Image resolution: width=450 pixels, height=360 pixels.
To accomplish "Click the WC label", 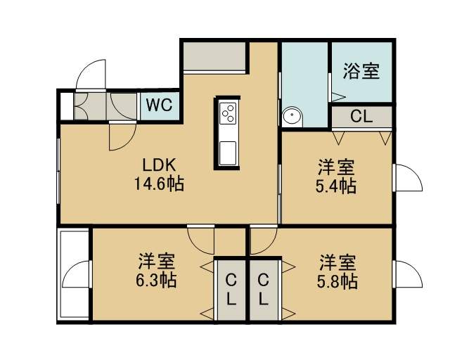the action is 160,105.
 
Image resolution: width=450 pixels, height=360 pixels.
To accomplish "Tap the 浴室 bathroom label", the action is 361,70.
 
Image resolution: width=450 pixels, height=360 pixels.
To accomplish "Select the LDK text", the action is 159,165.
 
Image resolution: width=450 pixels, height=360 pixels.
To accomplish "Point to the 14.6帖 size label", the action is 159,184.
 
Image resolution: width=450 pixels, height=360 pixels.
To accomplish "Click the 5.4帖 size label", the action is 336,186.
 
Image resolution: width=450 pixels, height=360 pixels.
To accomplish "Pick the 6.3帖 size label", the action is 156,280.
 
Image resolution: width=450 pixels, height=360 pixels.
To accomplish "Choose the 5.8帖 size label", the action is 337,282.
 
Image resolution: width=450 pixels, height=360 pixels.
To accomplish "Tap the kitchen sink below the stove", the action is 228,153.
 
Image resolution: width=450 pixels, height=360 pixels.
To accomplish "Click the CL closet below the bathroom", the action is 361,117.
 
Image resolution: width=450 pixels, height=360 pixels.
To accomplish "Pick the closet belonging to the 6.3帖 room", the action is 231,290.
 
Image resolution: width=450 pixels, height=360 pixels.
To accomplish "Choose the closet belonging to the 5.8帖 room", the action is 264,290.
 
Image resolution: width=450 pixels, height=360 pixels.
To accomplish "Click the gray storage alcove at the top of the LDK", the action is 214,56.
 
